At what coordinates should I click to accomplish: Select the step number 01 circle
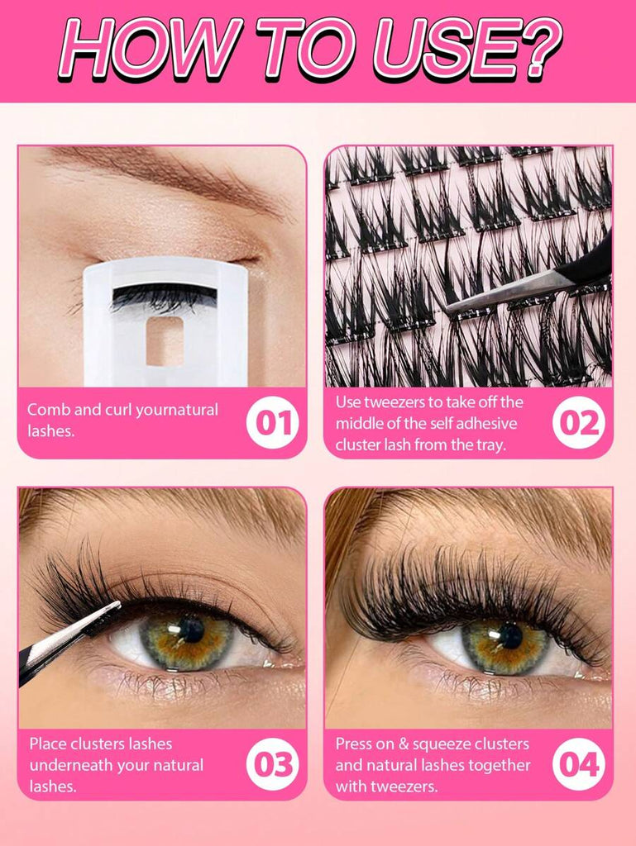273,422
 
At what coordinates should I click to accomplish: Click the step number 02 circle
579,422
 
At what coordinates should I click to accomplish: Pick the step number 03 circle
273,764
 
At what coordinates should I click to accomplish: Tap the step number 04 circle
579,764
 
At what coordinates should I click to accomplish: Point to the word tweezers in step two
393,402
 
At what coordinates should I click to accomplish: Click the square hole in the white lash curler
165,341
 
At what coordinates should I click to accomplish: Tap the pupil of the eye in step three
192,630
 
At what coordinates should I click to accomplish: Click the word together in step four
500,766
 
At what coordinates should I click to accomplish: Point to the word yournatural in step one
176,411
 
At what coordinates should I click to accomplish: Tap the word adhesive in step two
486,424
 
